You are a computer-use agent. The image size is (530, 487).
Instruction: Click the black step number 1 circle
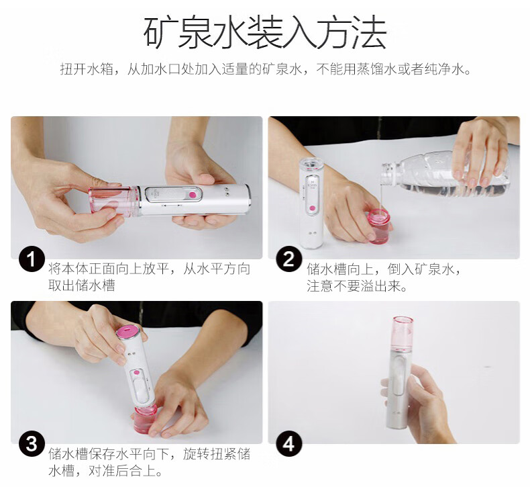(32, 259)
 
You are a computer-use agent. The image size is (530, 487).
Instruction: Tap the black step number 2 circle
(288, 259)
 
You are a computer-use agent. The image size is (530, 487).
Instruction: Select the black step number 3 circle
(32, 444)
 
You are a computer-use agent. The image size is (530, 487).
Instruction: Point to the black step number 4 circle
(288, 444)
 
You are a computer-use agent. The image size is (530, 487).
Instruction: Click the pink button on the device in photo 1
(193, 195)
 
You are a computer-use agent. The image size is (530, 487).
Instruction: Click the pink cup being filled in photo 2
(378, 225)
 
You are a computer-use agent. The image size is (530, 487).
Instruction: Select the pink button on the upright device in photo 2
(313, 208)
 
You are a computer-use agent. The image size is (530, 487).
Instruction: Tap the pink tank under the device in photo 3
(146, 420)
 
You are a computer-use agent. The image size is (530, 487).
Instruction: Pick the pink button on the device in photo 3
(136, 373)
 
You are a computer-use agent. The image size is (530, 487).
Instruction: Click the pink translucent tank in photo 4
(403, 333)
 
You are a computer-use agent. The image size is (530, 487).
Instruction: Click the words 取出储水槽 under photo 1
(82, 285)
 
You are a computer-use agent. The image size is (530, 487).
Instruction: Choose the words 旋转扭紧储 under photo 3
(217, 454)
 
